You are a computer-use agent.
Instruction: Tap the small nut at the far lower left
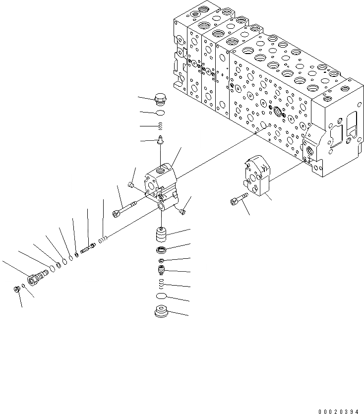[16, 289]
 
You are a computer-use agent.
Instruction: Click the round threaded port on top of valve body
[161, 171]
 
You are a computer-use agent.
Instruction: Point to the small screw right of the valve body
[183, 212]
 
